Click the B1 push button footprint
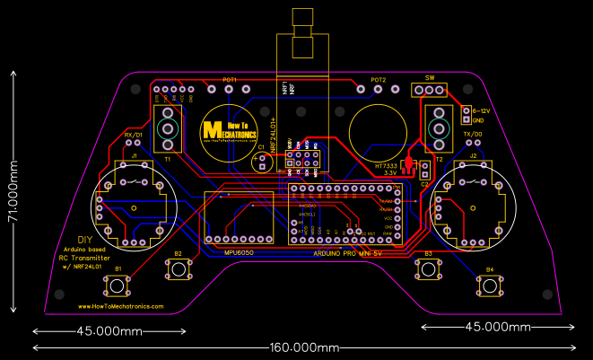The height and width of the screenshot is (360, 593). tap(118, 285)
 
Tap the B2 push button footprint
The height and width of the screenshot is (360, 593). tap(179, 269)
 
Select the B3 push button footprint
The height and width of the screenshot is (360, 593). tap(428, 269)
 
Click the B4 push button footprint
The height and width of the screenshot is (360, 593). tap(489, 285)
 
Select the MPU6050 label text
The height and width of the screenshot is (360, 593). tap(240, 252)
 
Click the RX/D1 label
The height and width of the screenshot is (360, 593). tap(133, 134)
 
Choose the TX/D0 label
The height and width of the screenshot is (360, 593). tap(473, 134)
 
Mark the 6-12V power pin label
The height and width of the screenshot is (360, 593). tap(480, 110)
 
